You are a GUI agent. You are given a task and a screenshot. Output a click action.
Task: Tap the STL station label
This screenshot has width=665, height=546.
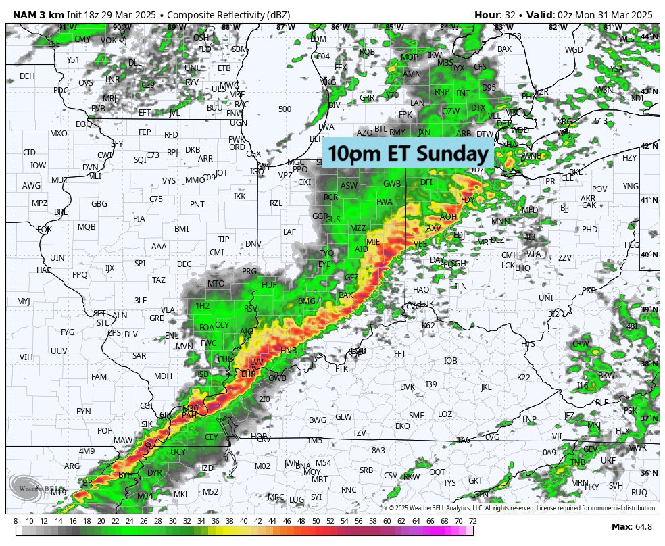pos(103,323)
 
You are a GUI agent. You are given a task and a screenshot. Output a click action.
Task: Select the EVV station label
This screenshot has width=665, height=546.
pos(257,363)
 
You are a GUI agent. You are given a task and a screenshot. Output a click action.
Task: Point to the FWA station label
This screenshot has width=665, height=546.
pos(385,201)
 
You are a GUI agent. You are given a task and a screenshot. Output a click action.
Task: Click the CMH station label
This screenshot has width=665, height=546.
pos(510,255)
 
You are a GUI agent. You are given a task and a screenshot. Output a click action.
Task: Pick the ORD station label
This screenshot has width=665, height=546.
pos(237,147)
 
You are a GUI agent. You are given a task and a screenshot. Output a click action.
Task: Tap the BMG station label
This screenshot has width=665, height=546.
pos(307,301)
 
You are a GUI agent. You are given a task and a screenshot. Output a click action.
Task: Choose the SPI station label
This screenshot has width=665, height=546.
pos(140,263)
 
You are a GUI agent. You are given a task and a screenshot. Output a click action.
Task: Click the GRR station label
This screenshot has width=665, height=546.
pos(367,98)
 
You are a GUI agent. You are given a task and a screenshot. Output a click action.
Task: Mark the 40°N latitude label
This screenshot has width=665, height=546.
pos(649,255)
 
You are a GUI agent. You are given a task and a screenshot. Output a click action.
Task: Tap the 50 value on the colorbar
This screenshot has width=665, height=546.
pos(316,520)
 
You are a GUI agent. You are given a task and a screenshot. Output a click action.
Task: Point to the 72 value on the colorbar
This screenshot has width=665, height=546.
pos(472,520)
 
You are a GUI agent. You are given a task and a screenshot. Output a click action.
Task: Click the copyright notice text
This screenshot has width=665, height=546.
pos(522,507)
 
